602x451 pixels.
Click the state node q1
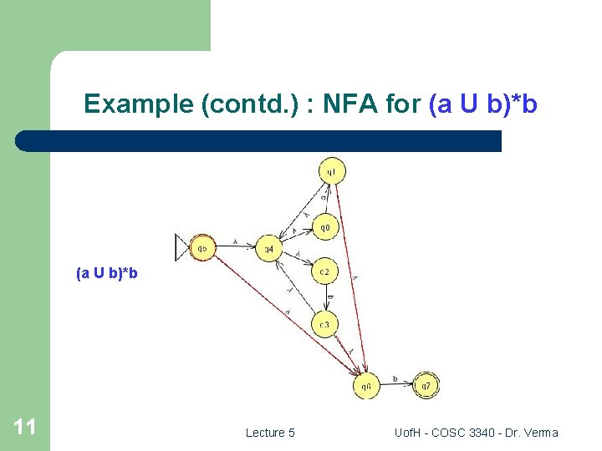coord(331,172)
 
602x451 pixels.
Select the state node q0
coord(325,226)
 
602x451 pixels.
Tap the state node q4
coord(268,248)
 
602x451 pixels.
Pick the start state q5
coord(202,248)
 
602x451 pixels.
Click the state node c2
coord(324,271)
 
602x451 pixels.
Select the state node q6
coord(365,386)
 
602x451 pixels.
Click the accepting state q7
coord(426,386)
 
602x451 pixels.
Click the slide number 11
coord(24,428)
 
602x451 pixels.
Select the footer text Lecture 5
coord(269,433)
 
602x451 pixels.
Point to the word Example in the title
coord(139,105)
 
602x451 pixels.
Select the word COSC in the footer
coord(441,433)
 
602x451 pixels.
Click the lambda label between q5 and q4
coord(236,242)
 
